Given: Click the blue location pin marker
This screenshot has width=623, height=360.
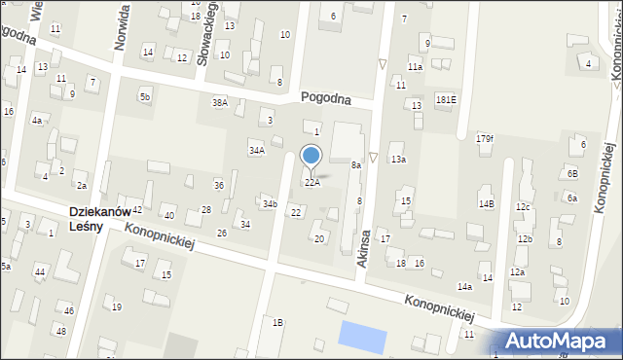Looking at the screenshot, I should [311, 157].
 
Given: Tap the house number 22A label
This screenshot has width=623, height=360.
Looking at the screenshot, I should [311, 182].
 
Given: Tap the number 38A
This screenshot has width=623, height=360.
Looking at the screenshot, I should [220, 102].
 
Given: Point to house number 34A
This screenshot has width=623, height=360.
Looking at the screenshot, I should [256, 151].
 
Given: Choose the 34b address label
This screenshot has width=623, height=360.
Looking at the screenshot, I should [269, 203].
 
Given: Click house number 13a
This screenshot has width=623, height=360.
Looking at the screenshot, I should [398, 159].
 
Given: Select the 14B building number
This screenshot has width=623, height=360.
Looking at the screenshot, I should [486, 203].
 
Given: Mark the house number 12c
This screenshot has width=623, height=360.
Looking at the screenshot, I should [523, 207].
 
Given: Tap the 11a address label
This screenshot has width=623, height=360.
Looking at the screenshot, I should [415, 67].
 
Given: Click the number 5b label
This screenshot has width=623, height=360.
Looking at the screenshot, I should [144, 96].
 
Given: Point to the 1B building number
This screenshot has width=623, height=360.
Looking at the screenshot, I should [277, 322].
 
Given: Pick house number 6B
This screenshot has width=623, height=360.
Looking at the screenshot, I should [572, 173].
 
